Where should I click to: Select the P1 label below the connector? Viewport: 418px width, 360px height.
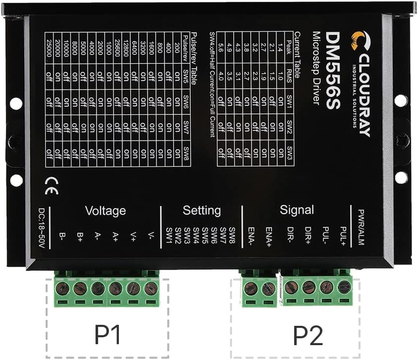pyautogui.click(x=108, y=335)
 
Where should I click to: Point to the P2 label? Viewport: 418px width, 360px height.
pyautogui.click(x=308, y=335)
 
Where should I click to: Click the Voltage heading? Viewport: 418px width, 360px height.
pyautogui.click(x=105, y=210)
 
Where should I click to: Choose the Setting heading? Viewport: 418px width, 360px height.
pyautogui.click(x=201, y=210)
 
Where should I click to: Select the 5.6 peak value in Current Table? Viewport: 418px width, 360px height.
pyautogui.click(x=221, y=48)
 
